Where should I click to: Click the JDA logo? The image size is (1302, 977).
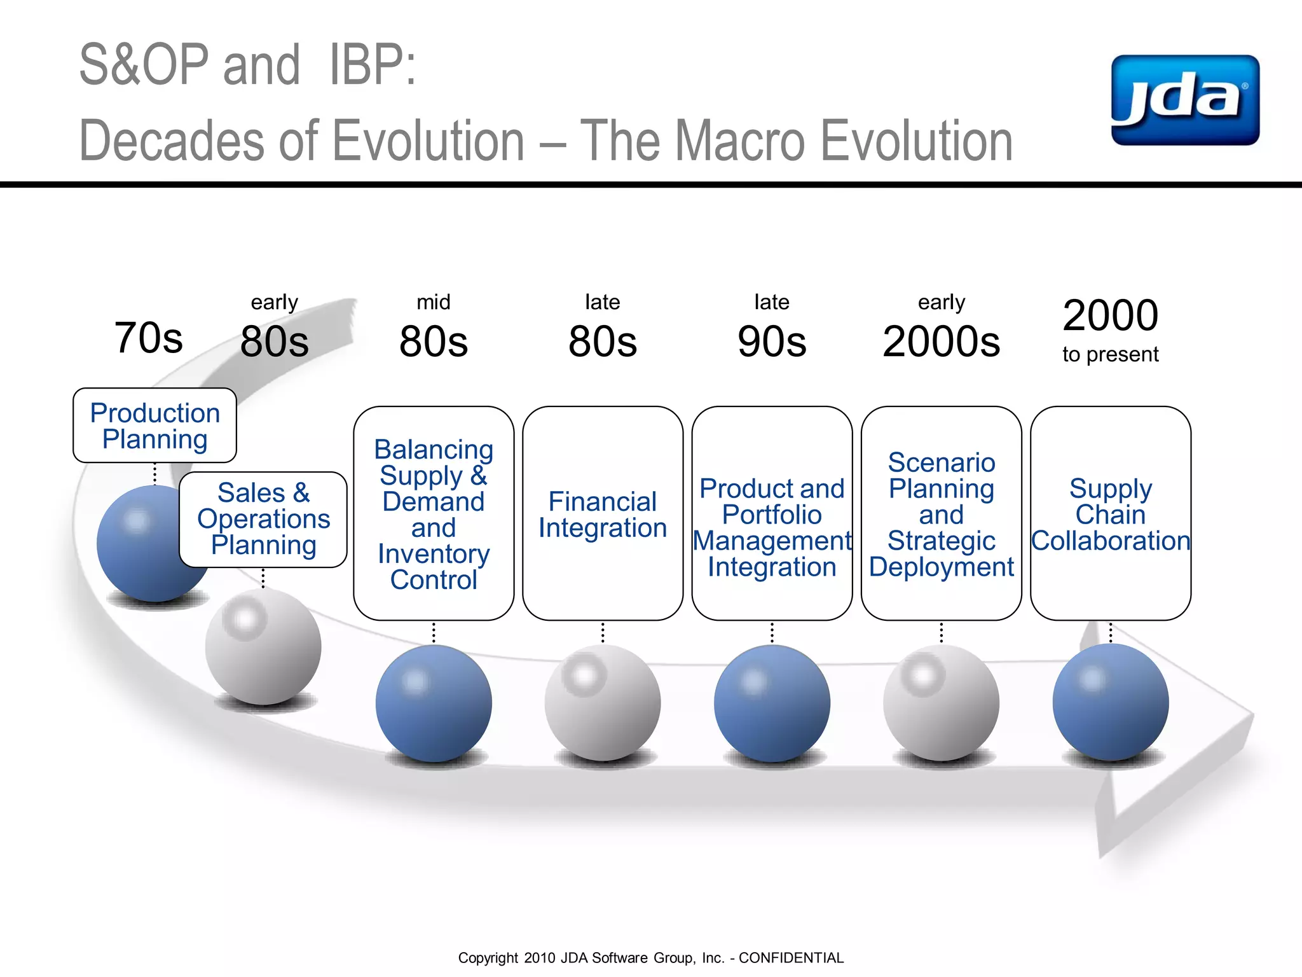1185,100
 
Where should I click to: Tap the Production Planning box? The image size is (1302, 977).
154,425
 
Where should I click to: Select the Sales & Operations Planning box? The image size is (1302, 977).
263,519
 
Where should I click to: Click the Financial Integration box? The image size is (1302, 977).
602,514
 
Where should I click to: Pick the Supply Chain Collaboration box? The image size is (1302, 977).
1110,514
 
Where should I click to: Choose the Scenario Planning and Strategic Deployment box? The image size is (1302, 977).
941,514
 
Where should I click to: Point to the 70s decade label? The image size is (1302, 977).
148,338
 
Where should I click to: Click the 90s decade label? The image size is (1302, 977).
771,342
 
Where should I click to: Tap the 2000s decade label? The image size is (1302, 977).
941,342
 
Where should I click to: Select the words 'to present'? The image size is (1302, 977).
1110,354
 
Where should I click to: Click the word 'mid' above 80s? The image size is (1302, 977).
433,302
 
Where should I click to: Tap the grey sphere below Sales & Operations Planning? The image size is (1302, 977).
263,647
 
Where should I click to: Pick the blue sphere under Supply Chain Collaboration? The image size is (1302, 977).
1110,702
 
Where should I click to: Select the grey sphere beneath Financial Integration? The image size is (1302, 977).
602,703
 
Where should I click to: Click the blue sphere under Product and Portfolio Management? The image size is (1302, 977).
771,703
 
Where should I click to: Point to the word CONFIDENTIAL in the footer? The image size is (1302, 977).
791,958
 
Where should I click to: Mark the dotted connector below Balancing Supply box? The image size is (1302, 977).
434,633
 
